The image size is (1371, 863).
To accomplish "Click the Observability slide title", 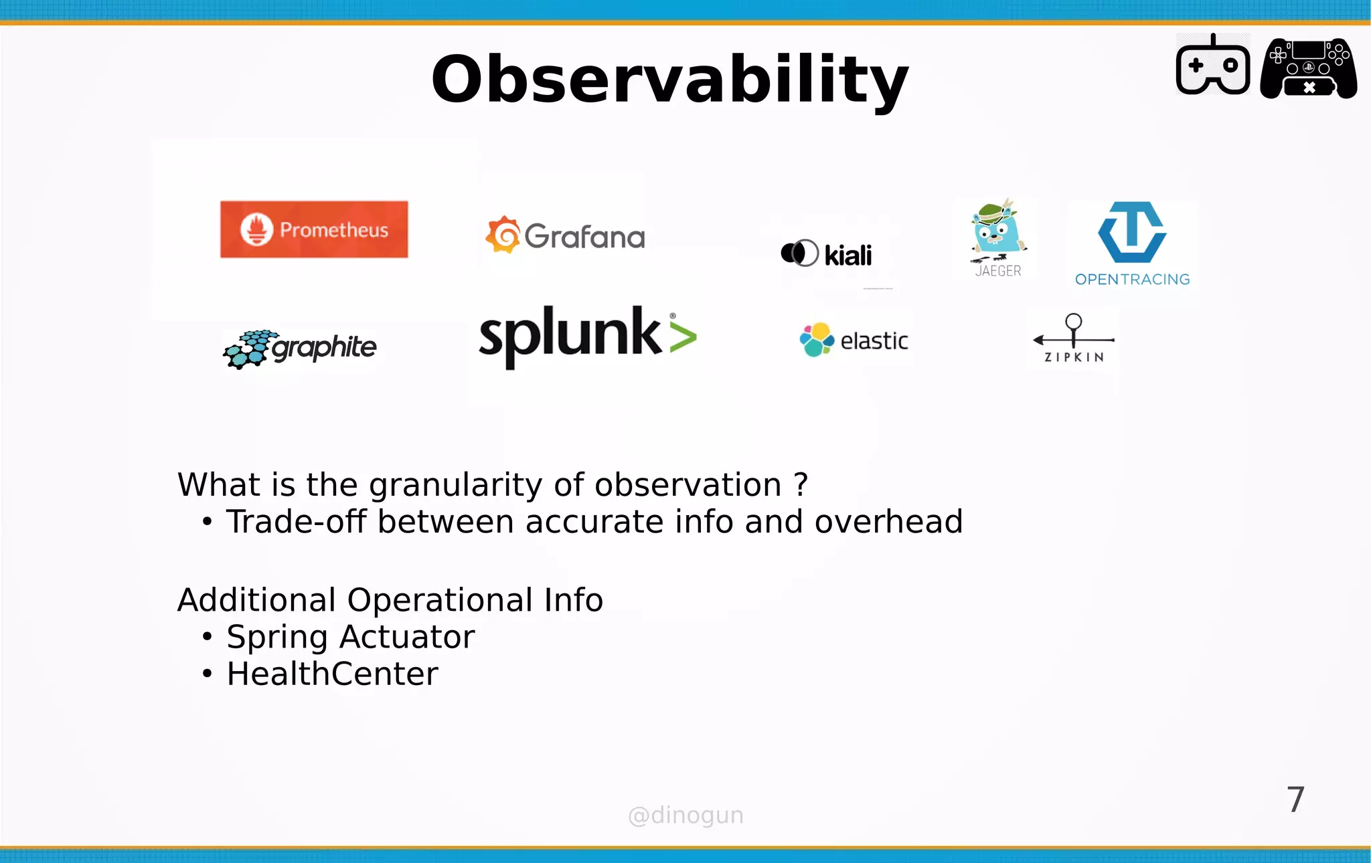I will [x=669, y=79].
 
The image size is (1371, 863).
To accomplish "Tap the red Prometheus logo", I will [x=314, y=229].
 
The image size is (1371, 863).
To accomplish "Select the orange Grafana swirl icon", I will [x=503, y=235].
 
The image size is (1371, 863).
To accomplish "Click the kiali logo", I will [x=827, y=254].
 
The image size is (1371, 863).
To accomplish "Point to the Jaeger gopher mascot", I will [x=997, y=231].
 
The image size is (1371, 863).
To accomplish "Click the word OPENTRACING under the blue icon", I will [x=1132, y=280].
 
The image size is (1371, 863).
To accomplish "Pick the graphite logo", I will [x=300, y=348].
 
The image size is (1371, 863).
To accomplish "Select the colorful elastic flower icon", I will [x=816, y=340].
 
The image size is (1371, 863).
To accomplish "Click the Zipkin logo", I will [x=1073, y=339].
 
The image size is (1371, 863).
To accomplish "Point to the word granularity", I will [x=455, y=485].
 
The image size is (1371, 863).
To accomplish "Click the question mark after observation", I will [x=801, y=484].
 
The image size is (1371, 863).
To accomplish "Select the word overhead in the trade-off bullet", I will [x=888, y=522].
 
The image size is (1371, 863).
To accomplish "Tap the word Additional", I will [x=256, y=600].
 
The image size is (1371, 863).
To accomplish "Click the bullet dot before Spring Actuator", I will [x=208, y=637].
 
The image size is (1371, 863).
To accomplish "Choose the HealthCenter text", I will [x=332, y=674].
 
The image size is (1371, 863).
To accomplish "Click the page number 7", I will [x=1295, y=799].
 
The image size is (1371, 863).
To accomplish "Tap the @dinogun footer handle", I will [x=685, y=816].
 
